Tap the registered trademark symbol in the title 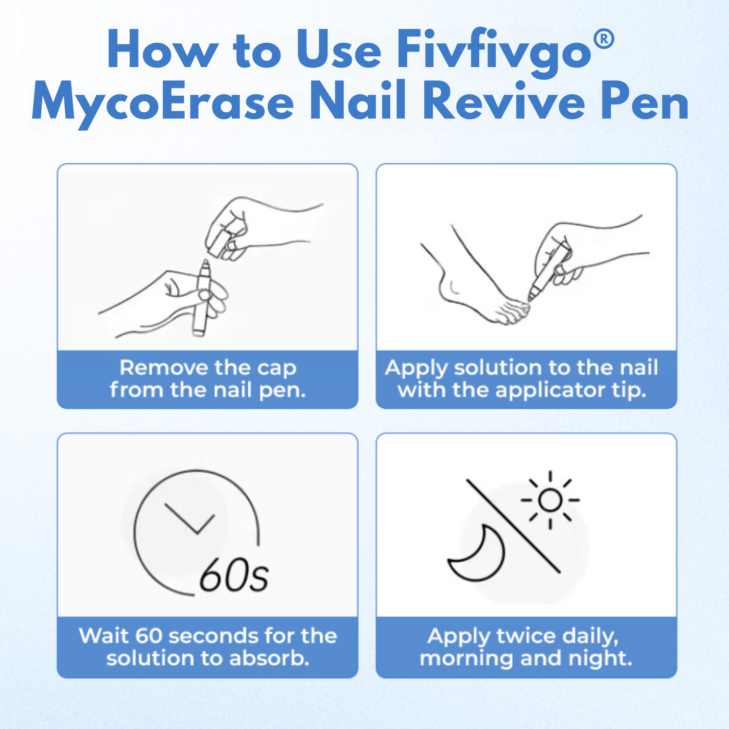[x=604, y=38]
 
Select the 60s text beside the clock [x=234, y=575]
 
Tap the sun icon [x=550, y=500]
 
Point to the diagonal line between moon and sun [x=514, y=526]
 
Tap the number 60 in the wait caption [x=148, y=636]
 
